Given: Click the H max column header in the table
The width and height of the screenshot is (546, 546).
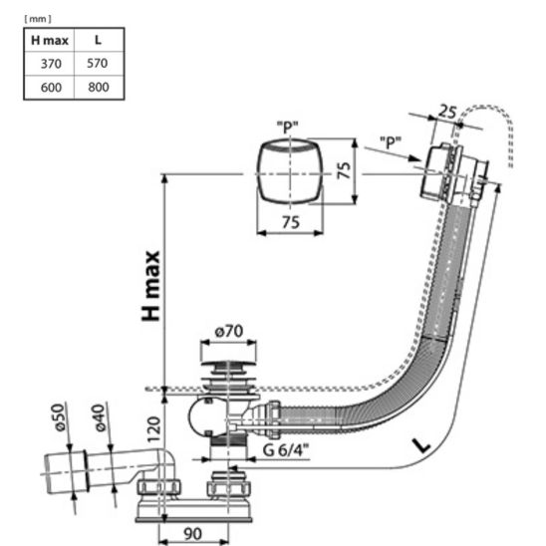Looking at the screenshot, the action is [x=50, y=41].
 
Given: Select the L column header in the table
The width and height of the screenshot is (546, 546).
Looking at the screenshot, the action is [x=99, y=40].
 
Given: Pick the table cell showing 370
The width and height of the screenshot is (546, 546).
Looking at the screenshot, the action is [x=51, y=64].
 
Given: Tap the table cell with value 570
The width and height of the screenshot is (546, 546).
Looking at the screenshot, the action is [x=98, y=63].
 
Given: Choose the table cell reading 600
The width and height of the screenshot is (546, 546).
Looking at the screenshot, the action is [x=51, y=87].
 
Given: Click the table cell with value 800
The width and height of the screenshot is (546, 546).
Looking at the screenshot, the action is [x=99, y=87].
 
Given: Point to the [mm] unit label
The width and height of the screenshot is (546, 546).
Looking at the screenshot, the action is [x=38, y=19].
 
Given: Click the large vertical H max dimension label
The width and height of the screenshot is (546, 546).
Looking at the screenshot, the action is [x=150, y=286].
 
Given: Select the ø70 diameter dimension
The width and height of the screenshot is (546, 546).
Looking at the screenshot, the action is [x=229, y=331].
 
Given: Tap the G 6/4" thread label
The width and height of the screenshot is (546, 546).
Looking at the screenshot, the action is [x=286, y=450].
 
